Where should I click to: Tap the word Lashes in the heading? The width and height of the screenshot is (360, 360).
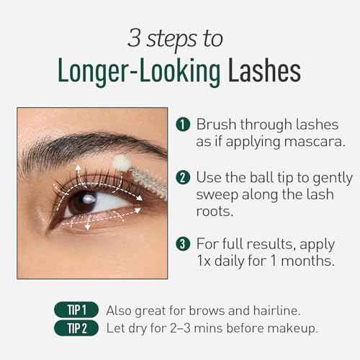pos(264,72)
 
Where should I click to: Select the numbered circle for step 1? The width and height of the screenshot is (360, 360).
pos(184,125)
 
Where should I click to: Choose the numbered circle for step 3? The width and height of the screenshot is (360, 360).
pos(184,246)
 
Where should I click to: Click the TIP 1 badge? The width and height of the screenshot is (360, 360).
pos(76,311)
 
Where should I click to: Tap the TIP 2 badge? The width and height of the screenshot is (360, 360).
pos(76,330)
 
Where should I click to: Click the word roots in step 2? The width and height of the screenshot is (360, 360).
pos(216,212)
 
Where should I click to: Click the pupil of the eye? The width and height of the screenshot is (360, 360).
pos(87,199)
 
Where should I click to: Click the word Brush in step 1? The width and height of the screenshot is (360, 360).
pos(216,124)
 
